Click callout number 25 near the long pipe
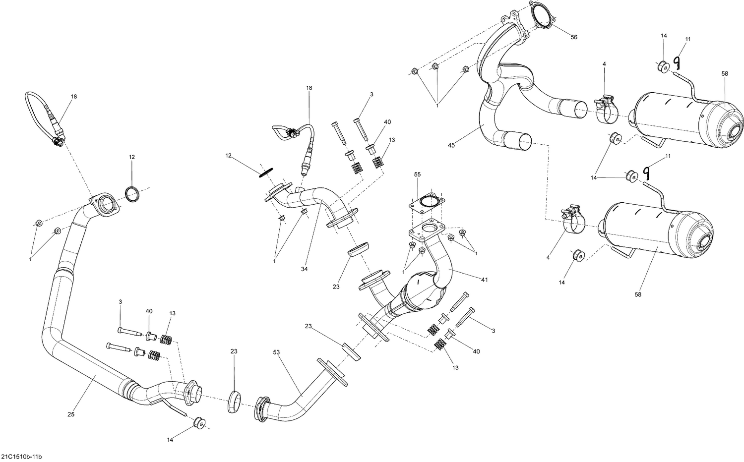point(71,414)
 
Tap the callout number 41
point(484,280)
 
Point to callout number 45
point(451,145)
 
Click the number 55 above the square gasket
point(417,175)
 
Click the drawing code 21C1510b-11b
point(25,456)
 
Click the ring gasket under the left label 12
point(132,194)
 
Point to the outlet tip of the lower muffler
point(706,243)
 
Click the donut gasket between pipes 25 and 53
point(234,401)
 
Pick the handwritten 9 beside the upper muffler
point(676,62)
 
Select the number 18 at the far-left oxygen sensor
point(74,97)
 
